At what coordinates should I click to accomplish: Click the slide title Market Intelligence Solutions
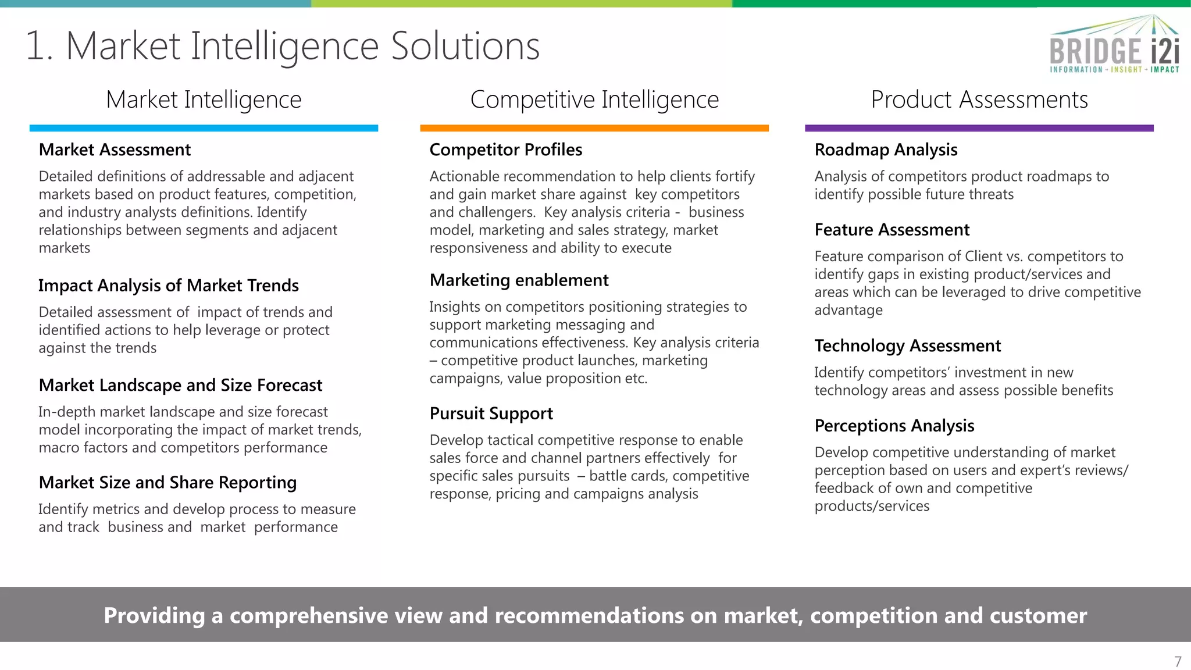(283, 46)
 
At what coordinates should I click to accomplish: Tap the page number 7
(1178, 662)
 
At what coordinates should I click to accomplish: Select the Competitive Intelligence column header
(594, 99)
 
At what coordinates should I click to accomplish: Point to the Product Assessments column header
(979, 99)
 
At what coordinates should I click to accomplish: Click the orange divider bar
(594, 128)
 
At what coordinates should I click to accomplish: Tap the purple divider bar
(979, 128)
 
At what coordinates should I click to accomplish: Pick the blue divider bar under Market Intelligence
(204, 128)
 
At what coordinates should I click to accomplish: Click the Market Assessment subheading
(115, 150)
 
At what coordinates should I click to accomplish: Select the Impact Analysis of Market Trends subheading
(169, 286)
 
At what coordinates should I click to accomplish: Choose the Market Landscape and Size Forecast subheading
(180, 385)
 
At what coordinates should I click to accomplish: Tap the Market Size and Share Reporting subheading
(167, 483)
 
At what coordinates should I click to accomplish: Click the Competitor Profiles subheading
(506, 150)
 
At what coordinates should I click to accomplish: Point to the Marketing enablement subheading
(519, 280)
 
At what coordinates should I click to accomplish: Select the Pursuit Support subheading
(491, 414)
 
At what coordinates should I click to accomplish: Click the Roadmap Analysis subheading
(886, 150)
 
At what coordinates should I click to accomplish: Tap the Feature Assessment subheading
(892, 230)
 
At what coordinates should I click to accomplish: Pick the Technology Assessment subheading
(908, 346)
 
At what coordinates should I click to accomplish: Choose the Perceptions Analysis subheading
(894, 426)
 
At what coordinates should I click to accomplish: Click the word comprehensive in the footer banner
(309, 615)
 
